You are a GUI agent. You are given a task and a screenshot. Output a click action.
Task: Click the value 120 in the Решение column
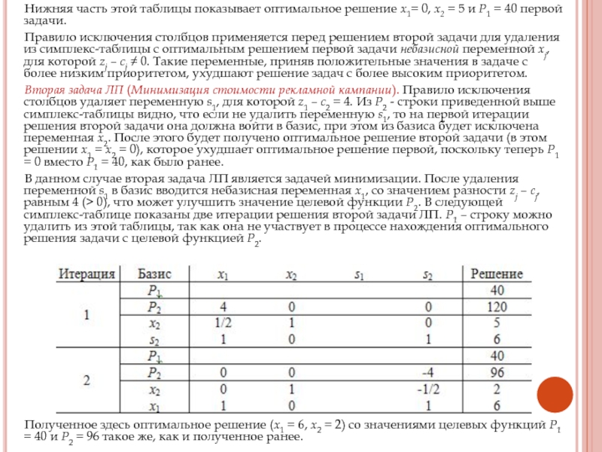[x=497, y=307]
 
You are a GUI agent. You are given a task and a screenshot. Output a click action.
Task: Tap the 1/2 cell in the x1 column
[x=223, y=323]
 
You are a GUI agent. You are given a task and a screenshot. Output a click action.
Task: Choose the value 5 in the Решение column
[x=497, y=323]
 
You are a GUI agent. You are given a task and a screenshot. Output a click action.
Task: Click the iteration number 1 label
[x=86, y=314]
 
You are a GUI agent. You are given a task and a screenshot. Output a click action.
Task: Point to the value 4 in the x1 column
[x=223, y=307]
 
